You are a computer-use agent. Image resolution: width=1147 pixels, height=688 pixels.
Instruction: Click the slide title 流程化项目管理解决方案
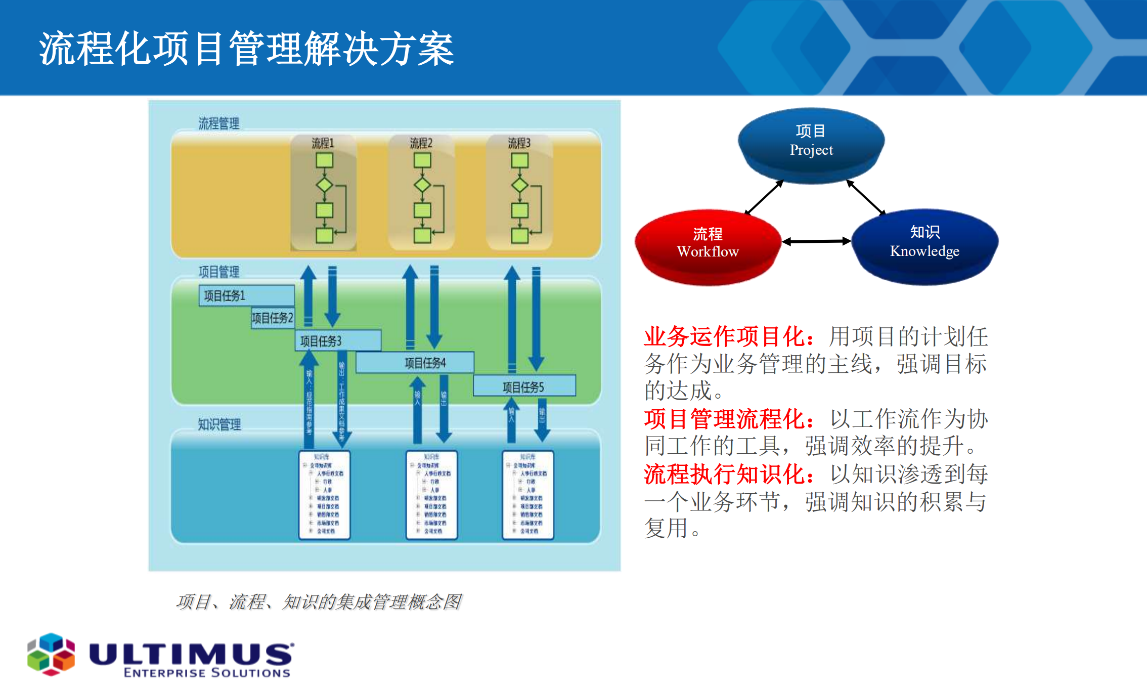pos(246,49)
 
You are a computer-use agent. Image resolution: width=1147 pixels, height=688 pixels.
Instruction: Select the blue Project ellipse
pos(811,142)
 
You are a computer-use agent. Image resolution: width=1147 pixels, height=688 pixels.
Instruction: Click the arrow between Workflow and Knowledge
pos(816,242)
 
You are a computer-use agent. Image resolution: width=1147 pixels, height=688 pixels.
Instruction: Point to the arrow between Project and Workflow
pos(764,198)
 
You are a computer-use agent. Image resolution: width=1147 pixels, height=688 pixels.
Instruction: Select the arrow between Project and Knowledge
pos(866,198)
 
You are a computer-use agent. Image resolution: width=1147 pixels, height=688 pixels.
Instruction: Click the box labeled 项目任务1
pos(246,295)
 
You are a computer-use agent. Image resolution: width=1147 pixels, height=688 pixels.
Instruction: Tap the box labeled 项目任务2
pos(273,318)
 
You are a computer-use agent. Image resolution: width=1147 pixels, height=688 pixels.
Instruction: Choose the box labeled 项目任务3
pos(337,341)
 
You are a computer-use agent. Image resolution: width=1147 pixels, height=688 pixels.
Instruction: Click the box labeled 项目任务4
pos(415,363)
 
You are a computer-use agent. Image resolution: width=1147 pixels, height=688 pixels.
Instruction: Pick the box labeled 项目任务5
pos(524,387)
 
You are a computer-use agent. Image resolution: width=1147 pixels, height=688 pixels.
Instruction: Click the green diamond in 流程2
pos(422,185)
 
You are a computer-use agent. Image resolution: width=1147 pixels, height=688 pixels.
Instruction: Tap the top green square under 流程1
pos(324,160)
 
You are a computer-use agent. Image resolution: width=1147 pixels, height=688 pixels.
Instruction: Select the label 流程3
pos(519,143)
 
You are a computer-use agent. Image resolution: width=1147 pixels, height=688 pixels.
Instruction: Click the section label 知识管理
pos(219,424)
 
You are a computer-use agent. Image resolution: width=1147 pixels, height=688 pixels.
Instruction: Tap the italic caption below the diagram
pos(319,601)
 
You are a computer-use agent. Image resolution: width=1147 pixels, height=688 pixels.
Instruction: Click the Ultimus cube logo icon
pos(51,654)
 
